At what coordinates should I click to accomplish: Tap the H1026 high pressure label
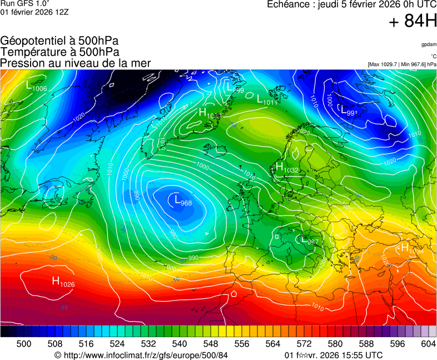63,282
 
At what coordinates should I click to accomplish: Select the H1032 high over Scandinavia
287,168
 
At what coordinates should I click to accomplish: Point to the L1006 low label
36,86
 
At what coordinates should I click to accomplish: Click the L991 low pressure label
348,111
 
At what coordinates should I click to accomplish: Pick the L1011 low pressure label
267,100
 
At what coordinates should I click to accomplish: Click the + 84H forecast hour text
413,21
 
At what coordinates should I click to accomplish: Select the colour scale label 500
23,344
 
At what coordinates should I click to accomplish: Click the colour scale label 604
428,344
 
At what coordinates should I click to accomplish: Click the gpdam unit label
429,44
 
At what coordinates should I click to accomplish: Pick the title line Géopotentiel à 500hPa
59,41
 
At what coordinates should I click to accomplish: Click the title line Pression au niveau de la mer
76,63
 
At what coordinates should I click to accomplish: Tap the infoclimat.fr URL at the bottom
142,355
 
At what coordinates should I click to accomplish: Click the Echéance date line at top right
351,4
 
